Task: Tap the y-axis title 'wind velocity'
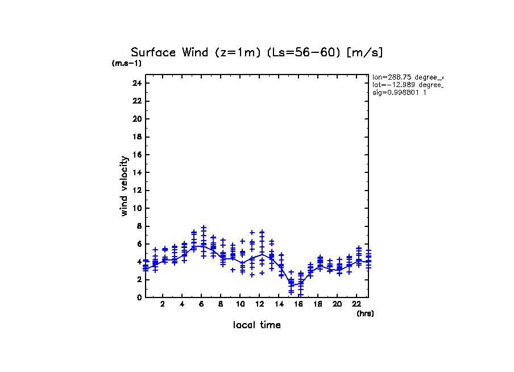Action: tap(125, 186)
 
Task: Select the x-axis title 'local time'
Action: tap(257, 325)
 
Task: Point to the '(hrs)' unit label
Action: tap(365, 313)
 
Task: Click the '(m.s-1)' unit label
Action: tap(127, 64)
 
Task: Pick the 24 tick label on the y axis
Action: tap(136, 83)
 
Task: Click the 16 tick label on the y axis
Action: tap(136, 155)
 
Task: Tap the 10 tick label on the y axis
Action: tap(136, 208)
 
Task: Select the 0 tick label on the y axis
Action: tap(139, 297)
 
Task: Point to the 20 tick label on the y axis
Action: tap(136, 119)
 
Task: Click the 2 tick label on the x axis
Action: tap(163, 304)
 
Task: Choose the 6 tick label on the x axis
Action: tap(201, 304)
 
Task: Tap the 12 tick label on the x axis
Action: tap(259, 304)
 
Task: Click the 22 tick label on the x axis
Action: tap(357, 304)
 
